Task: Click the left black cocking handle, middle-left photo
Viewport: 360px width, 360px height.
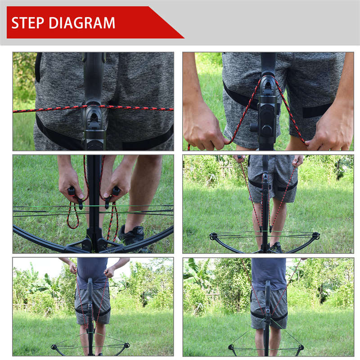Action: point(72,191)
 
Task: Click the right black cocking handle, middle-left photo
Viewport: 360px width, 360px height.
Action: point(115,191)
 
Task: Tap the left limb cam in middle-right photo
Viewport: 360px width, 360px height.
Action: point(213,236)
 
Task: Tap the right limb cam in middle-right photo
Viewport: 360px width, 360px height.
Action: point(316,235)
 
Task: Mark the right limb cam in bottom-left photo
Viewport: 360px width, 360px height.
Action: point(126,346)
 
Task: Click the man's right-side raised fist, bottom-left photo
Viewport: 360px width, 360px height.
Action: point(110,271)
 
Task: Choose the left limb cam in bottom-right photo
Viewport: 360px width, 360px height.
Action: point(232,347)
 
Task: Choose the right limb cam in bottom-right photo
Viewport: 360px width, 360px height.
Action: point(300,347)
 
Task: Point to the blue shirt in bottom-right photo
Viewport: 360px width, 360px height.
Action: point(269,272)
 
